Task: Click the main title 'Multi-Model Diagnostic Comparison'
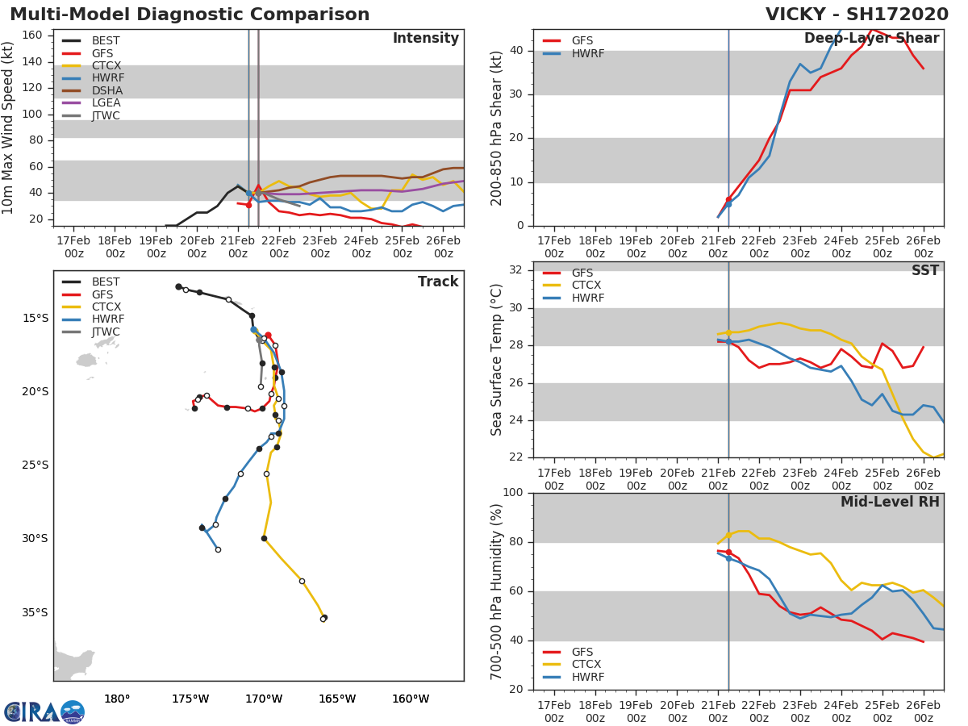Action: coord(190,15)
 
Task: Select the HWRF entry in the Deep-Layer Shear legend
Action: coord(588,54)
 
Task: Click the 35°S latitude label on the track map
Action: coord(35,613)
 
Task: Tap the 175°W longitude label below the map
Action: coord(190,699)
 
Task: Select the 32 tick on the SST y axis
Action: coord(516,270)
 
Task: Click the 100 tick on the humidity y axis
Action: coord(513,493)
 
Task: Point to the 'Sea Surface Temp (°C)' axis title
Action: coord(496,360)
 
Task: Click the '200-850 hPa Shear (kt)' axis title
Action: coord(496,127)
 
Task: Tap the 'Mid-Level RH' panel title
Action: coord(890,503)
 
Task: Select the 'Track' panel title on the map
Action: coord(438,282)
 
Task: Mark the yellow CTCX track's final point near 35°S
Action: coord(323,618)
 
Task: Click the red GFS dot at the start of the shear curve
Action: coord(728,199)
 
